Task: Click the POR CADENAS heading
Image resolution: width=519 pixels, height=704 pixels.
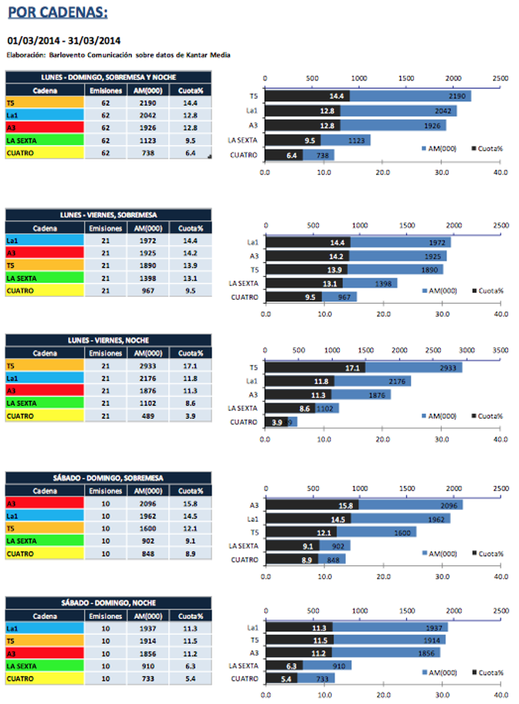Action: [x=57, y=12]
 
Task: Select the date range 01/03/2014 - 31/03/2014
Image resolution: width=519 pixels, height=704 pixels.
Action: [x=64, y=40]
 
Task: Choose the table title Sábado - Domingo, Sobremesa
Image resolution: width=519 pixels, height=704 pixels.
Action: [x=107, y=479]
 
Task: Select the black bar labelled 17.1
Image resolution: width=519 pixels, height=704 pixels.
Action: [x=314, y=367]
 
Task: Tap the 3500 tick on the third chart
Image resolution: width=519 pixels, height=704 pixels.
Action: [x=500, y=349]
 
